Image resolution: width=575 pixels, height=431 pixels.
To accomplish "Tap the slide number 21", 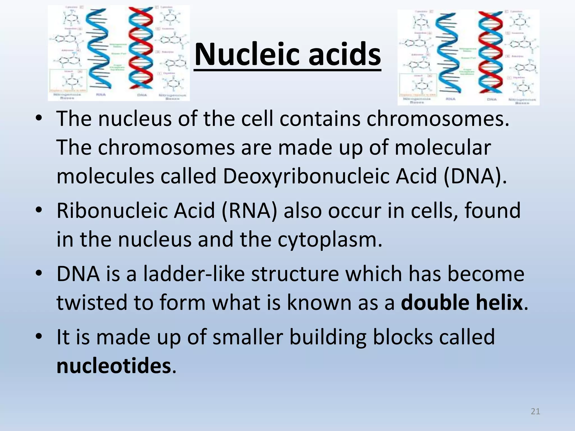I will pyautogui.click(x=535, y=411).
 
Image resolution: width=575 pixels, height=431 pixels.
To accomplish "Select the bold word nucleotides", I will pyautogui.click(x=114, y=366).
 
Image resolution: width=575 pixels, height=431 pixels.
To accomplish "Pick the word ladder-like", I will pyautogui.click(x=194, y=274).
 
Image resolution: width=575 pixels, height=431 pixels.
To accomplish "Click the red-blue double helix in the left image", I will pyautogui.click(x=140, y=51).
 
